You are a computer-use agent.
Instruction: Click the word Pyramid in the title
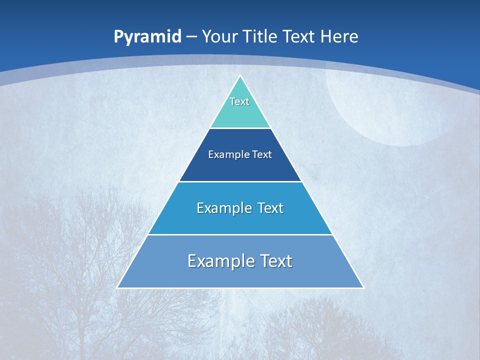tap(147, 37)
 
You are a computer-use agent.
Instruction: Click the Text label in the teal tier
tap(239, 101)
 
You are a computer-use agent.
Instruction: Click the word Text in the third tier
tap(270, 208)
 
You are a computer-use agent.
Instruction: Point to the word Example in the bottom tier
tap(220, 261)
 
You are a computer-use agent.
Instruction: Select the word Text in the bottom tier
tap(276, 261)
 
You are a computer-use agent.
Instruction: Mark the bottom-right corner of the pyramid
tap(363, 287)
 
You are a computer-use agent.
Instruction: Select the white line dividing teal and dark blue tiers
tap(240, 128)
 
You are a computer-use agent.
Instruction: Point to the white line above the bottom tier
tap(240, 234)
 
